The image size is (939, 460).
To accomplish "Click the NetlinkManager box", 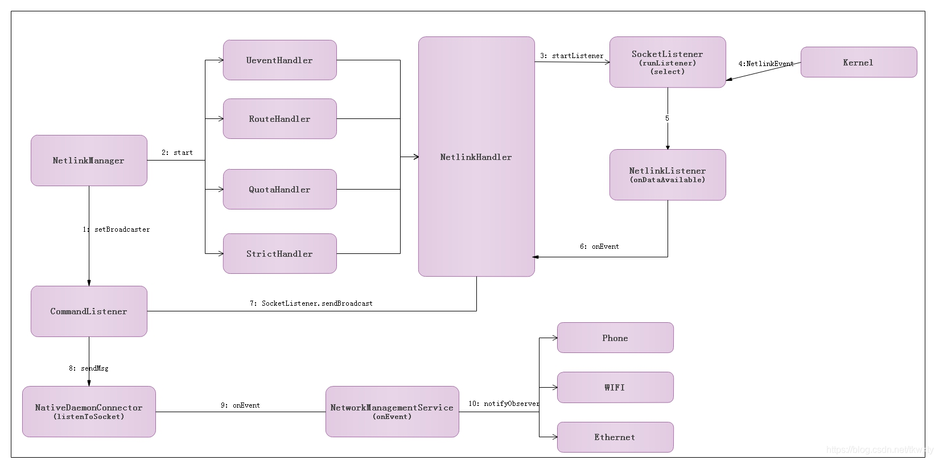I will [89, 161].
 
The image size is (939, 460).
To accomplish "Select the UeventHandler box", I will [279, 60].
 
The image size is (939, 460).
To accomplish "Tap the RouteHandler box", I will [279, 119].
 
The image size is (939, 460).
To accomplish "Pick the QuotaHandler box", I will [279, 190].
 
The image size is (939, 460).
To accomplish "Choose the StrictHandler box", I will [279, 254].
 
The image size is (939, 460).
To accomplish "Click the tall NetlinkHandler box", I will [476, 157].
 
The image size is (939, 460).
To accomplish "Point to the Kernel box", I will [858, 63].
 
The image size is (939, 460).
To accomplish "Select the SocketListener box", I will [668, 62].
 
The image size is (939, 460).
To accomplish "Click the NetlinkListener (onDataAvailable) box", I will [668, 175].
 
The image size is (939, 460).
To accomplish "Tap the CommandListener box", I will [89, 311].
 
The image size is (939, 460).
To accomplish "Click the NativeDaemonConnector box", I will [89, 412].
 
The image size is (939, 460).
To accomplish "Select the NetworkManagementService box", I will [392, 412].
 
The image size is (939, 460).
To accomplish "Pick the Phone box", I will [615, 338].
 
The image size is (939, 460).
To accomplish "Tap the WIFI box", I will [615, 388].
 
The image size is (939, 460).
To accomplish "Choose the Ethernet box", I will [615, 437].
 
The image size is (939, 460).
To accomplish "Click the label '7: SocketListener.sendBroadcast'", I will [311, 303].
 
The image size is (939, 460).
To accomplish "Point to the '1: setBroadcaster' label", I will [117, 229].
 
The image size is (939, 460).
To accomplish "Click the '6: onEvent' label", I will [599, 247].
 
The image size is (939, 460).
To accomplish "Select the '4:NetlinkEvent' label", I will [765, 64].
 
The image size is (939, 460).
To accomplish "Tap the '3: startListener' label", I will [571, 56].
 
